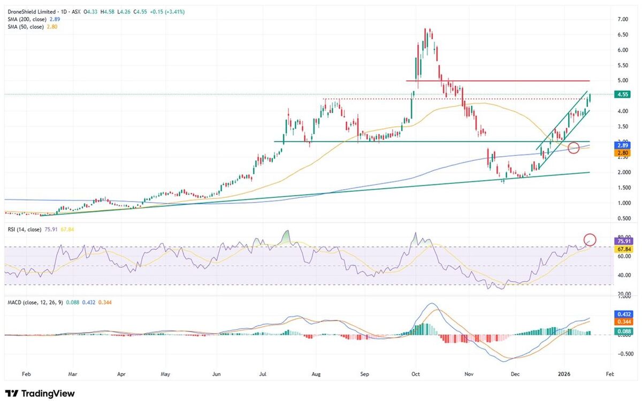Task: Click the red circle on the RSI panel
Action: click(x=590, y=240)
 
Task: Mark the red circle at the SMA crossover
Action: click(x=574, y=148)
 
